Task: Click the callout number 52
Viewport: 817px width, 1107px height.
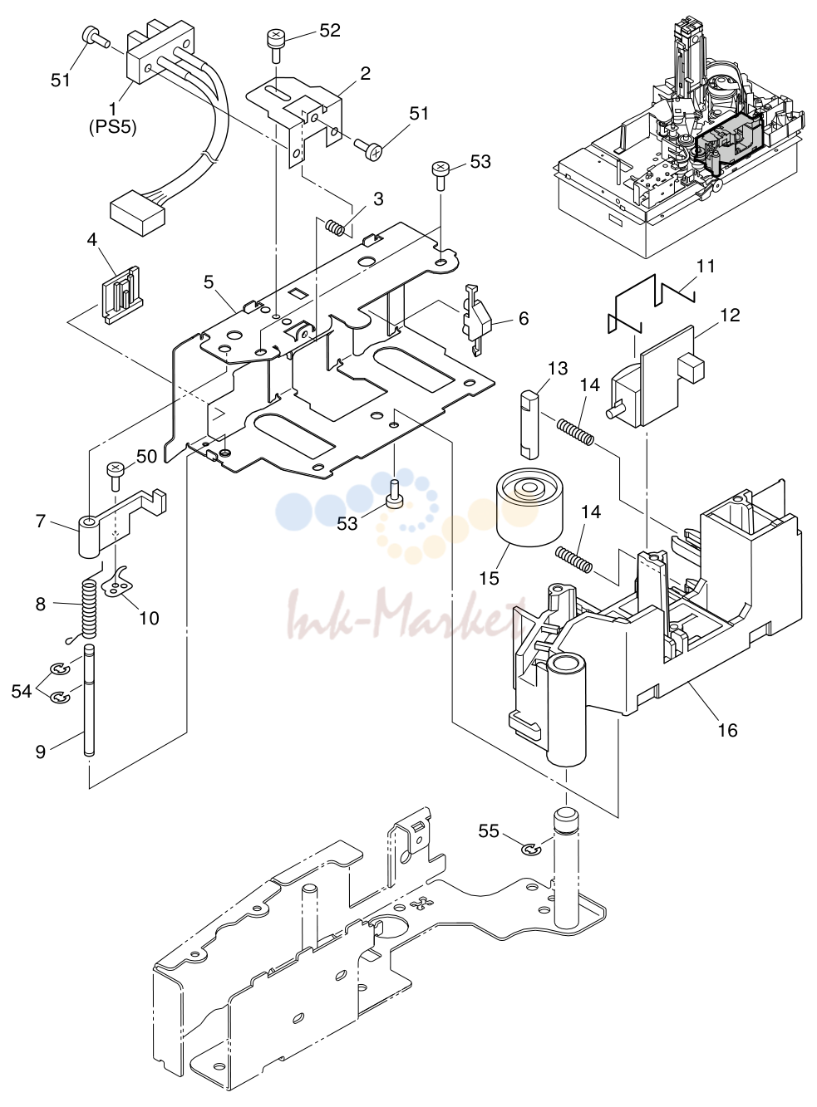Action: click(x=330, y=31)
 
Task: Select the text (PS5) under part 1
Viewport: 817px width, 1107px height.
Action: click(x=113, y=128)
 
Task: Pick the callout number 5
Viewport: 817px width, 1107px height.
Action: click(x=209, y=282)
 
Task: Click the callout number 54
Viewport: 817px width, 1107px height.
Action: click(x=22, y=692)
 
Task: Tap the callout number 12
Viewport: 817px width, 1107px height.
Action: click(x=730, y=315)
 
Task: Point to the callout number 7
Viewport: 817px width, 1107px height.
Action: click(x=41, y=521)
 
